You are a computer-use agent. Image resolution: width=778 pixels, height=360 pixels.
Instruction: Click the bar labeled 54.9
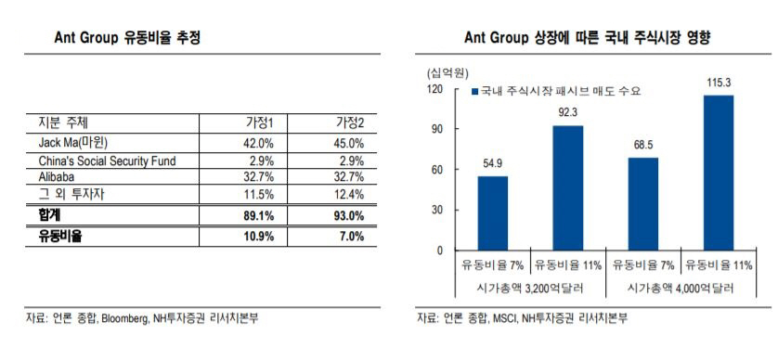[x=493, y=213]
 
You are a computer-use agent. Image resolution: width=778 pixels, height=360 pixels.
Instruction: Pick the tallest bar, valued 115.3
[x=718, y=173]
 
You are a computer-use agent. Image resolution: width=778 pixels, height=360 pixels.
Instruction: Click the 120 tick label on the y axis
[x=434, y=89]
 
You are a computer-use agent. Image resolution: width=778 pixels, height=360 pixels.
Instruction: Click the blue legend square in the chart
[x=473, y=92]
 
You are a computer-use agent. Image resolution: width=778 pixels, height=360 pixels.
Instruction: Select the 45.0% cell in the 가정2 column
[x=348, y=144]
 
